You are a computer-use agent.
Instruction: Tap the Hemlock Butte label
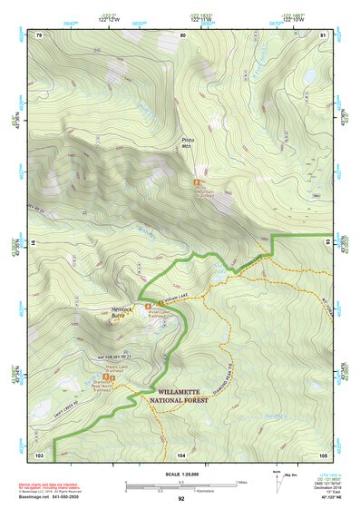[122, 311]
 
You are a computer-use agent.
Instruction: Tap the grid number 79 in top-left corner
[38, 34]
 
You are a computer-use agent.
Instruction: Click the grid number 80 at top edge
[182, 34]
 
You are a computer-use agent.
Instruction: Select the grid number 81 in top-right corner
[321, 34]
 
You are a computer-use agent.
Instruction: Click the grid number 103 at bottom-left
[39, 454]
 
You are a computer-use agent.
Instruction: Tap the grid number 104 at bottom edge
[181, 454]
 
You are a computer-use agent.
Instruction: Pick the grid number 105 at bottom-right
[322, 454]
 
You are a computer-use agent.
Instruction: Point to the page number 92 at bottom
[180, 499]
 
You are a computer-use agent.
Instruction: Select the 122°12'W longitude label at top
[112, 18]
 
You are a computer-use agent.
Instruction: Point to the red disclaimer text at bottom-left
[50, 486]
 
